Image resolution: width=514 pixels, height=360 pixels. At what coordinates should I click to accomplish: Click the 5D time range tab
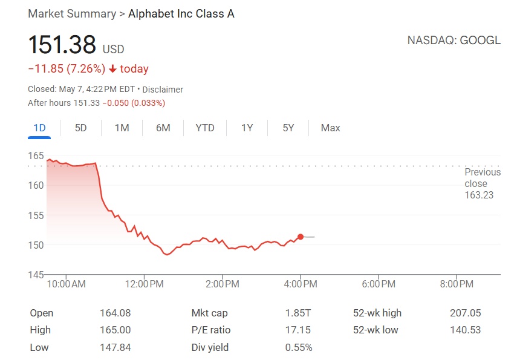(x=80, y=128)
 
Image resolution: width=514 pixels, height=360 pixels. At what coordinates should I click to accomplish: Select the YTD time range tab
(x=205, y=128)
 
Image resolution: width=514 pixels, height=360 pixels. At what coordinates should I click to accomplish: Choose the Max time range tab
(x=330, y=128)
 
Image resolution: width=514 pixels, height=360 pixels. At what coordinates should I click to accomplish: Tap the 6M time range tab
(x=163, y=128)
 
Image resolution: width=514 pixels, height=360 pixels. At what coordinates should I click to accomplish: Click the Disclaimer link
(x=163, y=90)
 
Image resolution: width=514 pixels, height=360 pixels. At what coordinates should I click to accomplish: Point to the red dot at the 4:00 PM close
(x=301, y=237)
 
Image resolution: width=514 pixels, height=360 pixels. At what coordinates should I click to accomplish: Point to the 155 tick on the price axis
(x=36, y=215)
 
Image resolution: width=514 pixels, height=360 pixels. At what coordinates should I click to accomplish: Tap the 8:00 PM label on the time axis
(x=457, y=284)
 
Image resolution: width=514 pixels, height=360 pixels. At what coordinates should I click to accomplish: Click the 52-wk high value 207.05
(x=464, y=313)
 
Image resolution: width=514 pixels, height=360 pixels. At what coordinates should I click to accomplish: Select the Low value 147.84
(x=115, y=347)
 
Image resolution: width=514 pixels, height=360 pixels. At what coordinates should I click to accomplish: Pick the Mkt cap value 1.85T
(x=298, y=313)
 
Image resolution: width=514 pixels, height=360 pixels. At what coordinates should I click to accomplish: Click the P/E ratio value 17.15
(x=298, y=330)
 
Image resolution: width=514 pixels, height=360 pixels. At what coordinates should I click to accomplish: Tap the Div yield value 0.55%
(x=299, y=347)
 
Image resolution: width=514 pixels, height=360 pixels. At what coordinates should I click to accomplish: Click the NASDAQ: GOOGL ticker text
(x=454, y=41)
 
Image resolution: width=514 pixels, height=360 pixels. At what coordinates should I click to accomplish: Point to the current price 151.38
(x=62, y=45)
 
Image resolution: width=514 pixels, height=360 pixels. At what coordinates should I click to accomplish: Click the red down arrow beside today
(x=112, y=69)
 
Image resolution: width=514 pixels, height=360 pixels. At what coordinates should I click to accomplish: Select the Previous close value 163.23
(x=479, y=195)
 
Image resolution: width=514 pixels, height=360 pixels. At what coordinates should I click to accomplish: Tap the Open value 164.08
(x=115, y=313)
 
